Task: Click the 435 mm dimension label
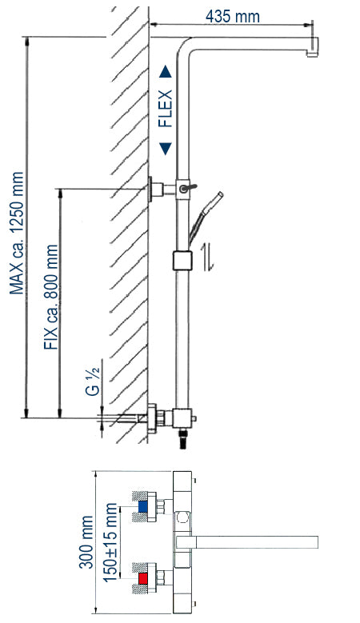click(x=233, y=15)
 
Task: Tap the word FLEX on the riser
click(x=165, y=108)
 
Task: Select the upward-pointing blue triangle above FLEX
click(x=165, y=72)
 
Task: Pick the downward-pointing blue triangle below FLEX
click(x=165, y=147)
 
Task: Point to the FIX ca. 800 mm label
click(x=52, y=293)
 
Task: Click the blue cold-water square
click(x=143, y=506)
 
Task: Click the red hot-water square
click(x=143, y=577)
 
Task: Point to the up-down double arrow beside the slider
click(x=207, y=258)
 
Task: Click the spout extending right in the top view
click(x=256, y=541)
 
